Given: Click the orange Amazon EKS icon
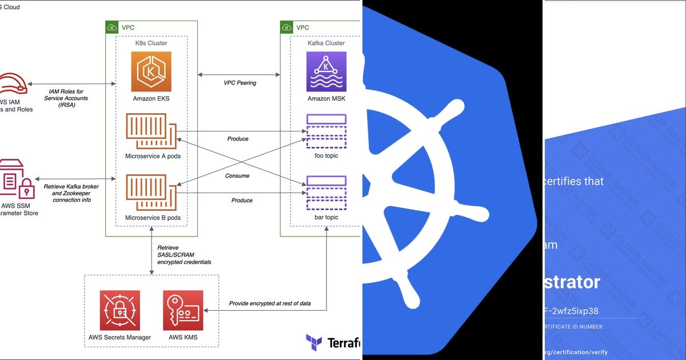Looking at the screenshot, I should [x=151, y=71].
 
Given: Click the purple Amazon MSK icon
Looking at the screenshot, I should [x=326, y=71].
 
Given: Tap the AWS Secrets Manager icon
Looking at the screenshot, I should [x=119, y=310].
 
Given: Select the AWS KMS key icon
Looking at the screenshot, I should [x=182, y=310].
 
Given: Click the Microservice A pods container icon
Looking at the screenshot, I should [x=151, y=133].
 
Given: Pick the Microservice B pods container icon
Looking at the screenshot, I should [x=151, y=193].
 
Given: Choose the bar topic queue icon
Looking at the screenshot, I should [x=326, y=193].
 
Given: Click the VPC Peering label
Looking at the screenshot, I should [x=240, y=83].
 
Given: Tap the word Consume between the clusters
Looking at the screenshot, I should [x=237, y=176].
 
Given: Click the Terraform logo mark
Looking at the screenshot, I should [x=314, y=342].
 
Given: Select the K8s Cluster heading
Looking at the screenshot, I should [x=151, y=43].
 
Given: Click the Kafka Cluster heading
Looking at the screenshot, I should [x=326, y=43].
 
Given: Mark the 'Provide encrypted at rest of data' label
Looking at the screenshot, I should [x=270, y=303].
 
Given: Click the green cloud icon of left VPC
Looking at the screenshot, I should [x=112, y=27].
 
